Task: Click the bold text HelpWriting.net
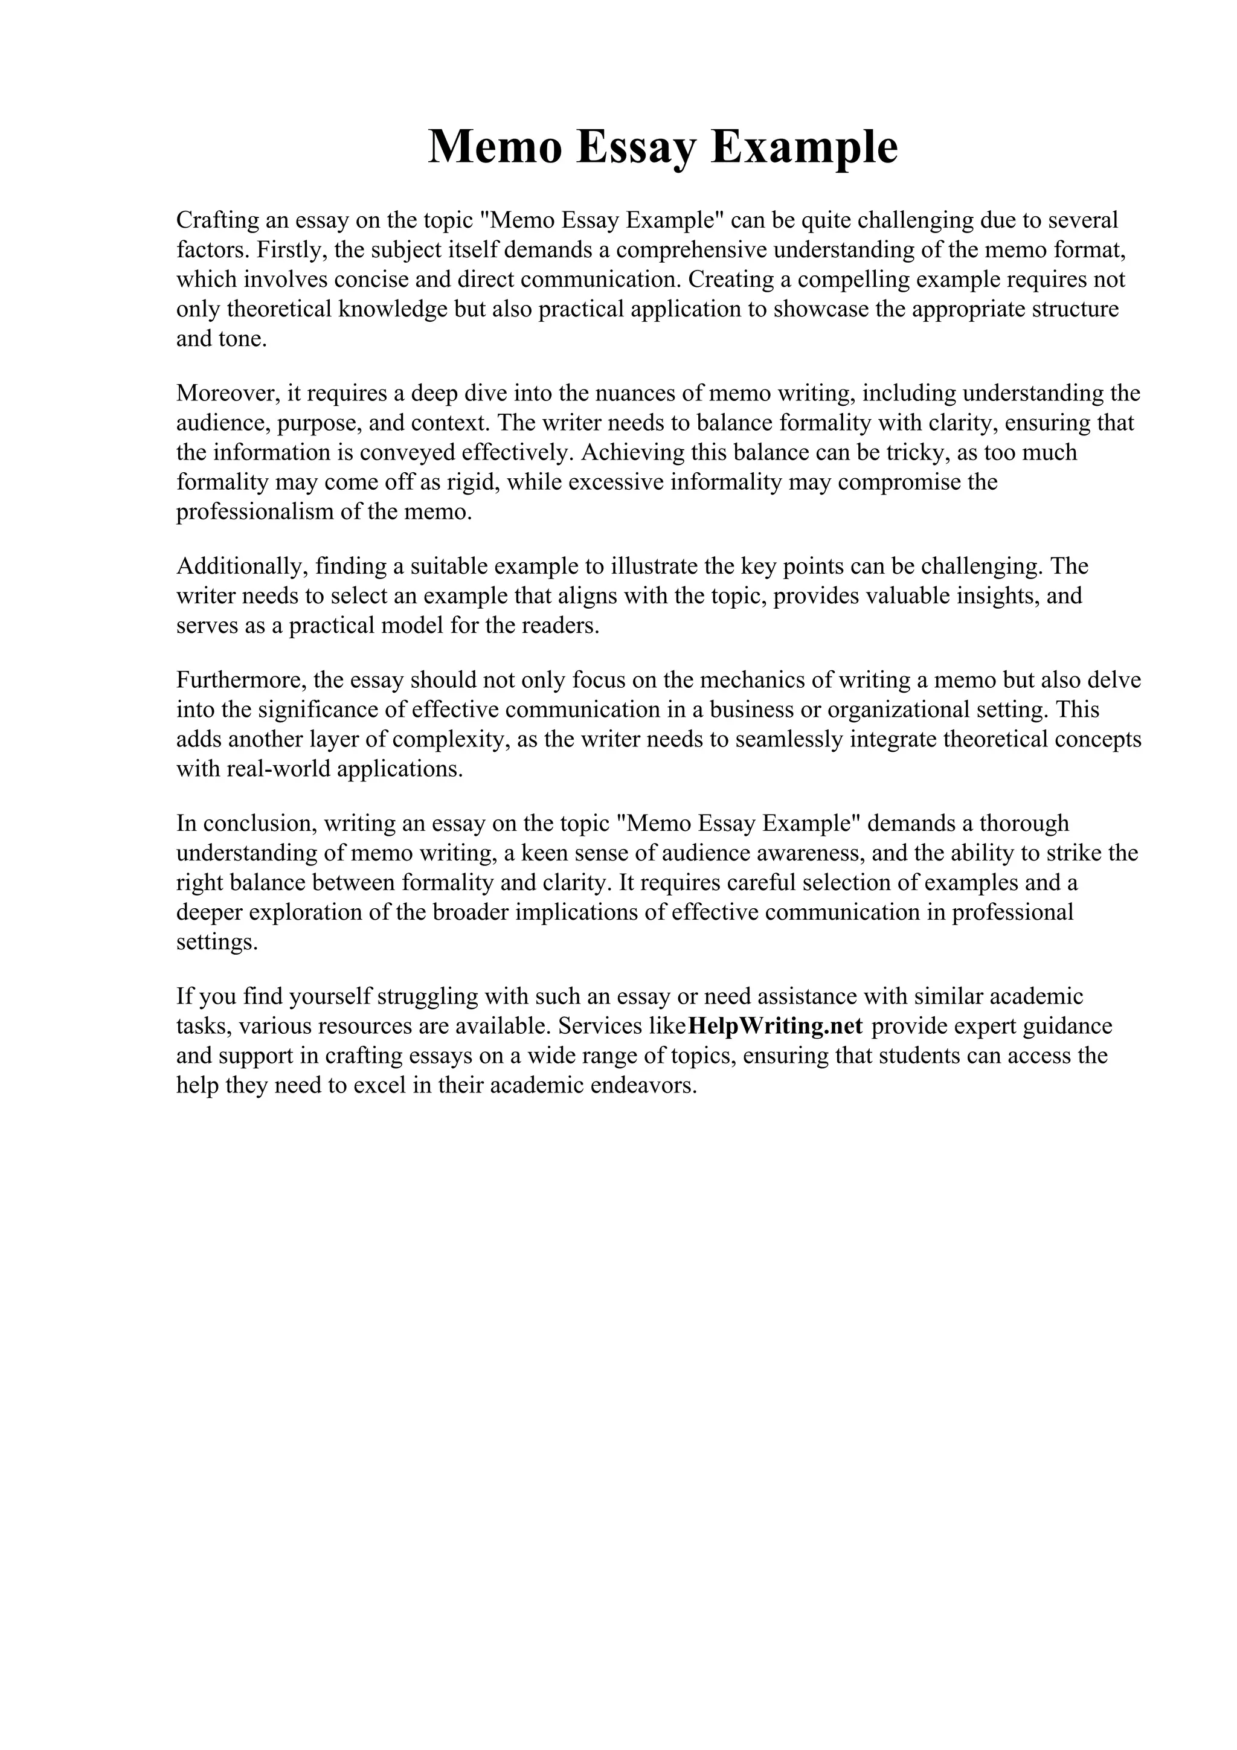click(x=775, y=1026)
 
